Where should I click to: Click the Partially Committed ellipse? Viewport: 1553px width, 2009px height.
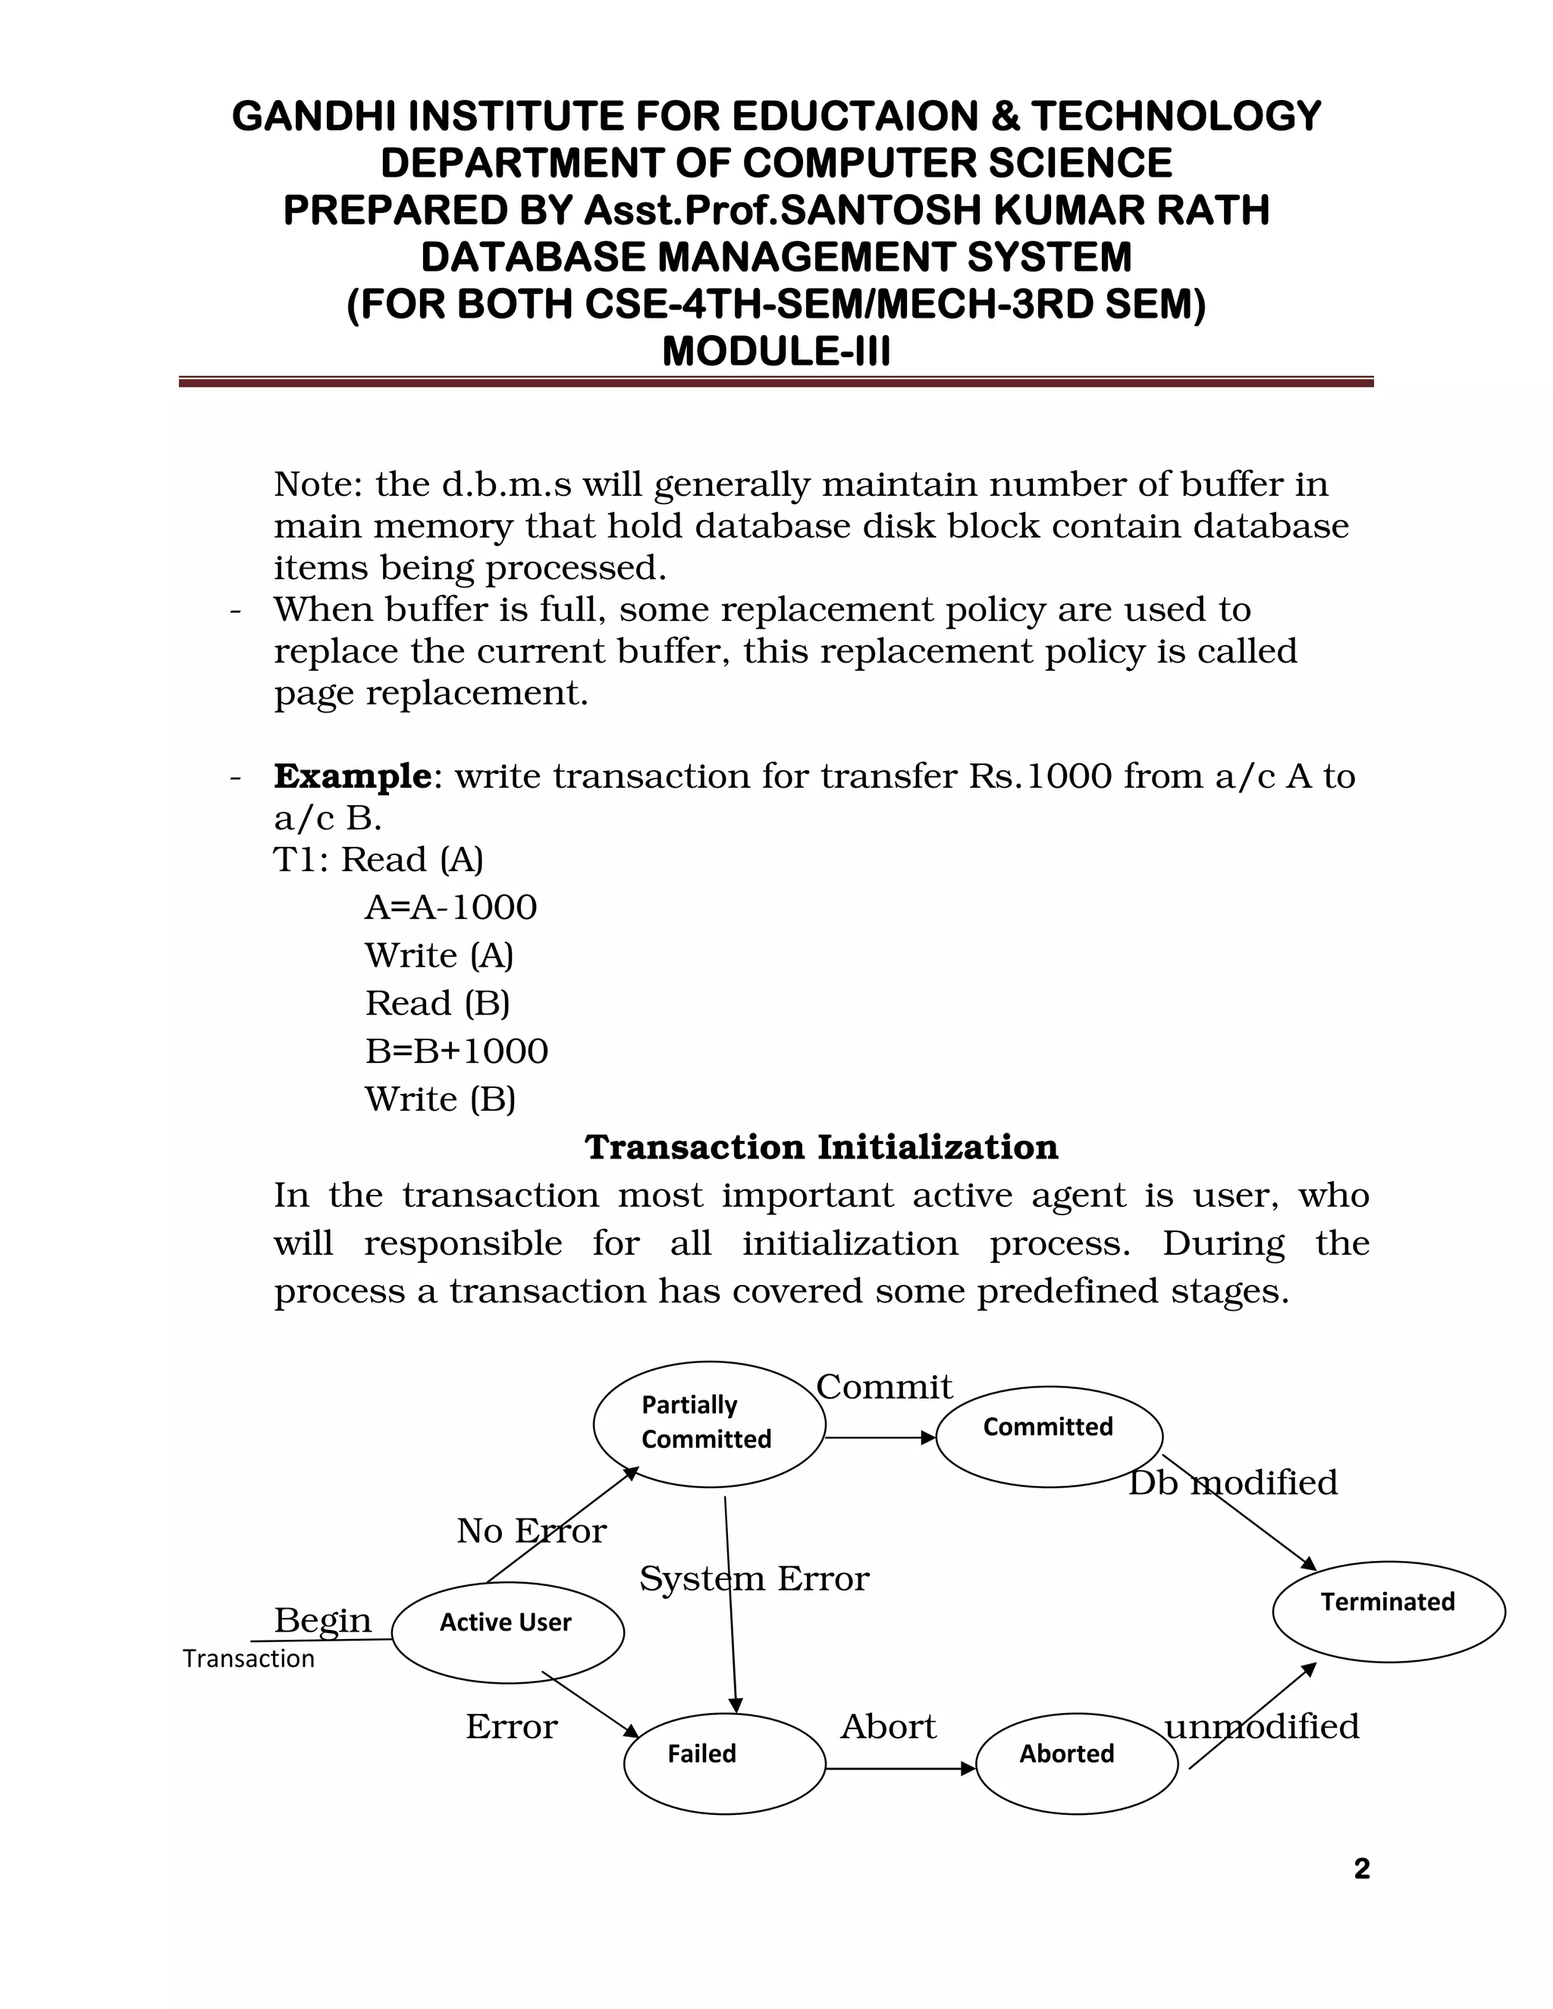709,1423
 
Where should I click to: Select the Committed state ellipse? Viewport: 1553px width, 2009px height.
1049,1436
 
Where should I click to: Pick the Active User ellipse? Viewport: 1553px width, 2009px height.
508,1632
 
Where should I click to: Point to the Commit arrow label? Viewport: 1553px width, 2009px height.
884,1387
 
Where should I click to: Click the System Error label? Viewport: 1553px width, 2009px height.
754,1578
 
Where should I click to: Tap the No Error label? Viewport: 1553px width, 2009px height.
531,1531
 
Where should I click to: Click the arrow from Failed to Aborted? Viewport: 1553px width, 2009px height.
900,1768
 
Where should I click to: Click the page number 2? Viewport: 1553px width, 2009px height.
1362,1870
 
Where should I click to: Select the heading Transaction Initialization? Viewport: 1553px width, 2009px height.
821,1147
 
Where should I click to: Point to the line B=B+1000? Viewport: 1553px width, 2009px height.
456,1051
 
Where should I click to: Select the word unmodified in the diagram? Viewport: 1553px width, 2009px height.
1261,1726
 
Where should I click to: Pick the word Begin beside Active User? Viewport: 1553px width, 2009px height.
323,1620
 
